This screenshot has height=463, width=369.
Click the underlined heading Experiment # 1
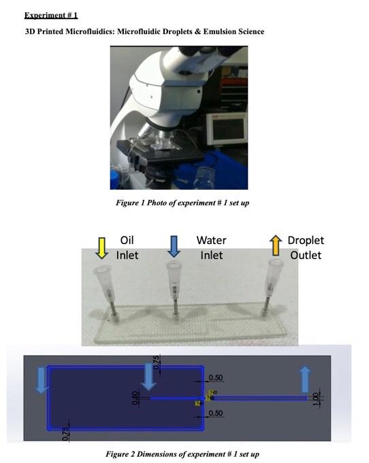tap(51, 15)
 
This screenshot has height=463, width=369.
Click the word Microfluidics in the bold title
tap(95, 31)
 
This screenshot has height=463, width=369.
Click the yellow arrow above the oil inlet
tap(101, 247)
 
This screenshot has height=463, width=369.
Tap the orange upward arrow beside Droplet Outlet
tap(275, 245)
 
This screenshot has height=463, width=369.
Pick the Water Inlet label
tap(211, 247)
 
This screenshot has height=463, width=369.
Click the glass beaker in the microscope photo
tap(203, 179)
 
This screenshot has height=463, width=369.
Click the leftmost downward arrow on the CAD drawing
tap(42, 379)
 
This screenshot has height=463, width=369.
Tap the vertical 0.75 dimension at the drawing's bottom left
tap(65, 433)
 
